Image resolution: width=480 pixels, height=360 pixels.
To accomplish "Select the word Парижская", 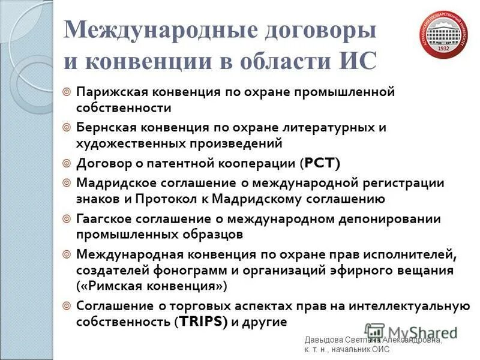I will (x=112, y=93).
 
